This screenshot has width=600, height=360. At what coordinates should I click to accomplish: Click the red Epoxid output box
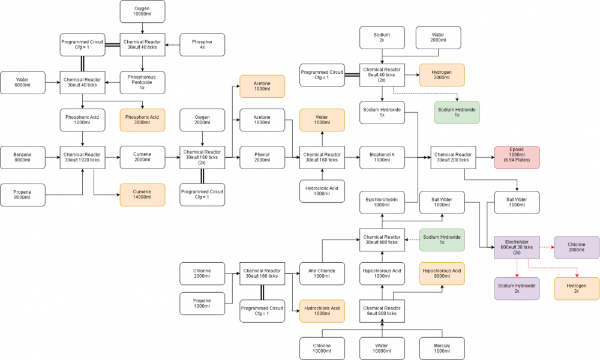click(x=517, y=157)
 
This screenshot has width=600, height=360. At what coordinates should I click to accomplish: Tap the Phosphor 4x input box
click(x=202, y=44)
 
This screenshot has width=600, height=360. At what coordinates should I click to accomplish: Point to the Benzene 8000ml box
click(x=23, y=157)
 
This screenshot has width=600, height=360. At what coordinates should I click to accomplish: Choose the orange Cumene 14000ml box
click(x=142, y=195)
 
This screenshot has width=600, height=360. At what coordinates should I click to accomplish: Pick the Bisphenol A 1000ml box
click(x=382, y=157)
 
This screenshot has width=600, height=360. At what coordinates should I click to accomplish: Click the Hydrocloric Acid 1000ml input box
click(x=322, y=190)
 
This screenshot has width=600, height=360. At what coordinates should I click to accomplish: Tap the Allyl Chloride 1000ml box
click(x=322, y=274)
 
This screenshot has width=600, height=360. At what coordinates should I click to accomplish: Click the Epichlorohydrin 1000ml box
click(x=382, y=202)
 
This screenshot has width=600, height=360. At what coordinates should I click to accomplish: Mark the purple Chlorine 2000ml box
click(x=576, y=247)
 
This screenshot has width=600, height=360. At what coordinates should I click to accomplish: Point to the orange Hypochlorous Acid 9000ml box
click(x=442, y=274)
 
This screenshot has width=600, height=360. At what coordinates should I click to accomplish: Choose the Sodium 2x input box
click(x=382, y=38)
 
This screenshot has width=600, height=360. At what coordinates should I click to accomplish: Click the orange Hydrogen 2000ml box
click(x=442, y=75)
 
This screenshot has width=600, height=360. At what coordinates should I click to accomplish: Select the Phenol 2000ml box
click(x=262, y=157)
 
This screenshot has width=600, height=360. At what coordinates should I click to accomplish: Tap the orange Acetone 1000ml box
click(x=262, y=86)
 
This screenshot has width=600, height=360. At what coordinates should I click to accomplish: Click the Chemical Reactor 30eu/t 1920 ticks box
click(x=83, y=157)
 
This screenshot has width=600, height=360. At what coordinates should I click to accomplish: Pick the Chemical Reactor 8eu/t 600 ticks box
click(x=382, y=310)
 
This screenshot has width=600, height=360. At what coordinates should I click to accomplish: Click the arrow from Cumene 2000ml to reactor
click(x=172, y=157)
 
